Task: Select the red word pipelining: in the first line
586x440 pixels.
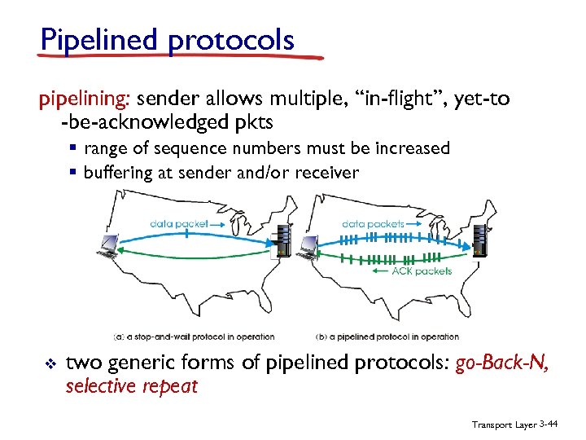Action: [85, 99]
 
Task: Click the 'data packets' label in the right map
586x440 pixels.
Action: [374, 222]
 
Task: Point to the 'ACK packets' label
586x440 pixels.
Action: [422, 271]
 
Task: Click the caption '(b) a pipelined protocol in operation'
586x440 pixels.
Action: [387, 337]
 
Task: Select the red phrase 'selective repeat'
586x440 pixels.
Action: [131, 385]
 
